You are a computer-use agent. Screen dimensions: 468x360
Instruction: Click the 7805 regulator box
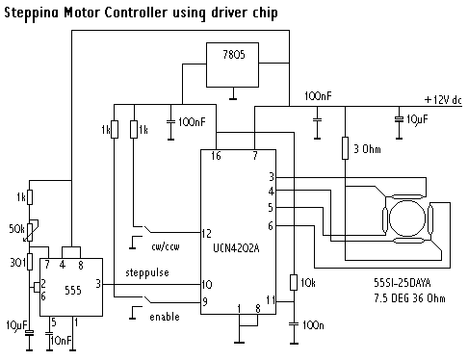(x=232, y=64)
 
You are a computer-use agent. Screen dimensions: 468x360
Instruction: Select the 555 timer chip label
(x=73, y=291)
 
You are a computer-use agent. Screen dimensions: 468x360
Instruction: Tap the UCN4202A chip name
(x=236, y=248)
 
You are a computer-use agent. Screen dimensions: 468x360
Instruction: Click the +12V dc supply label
(x=443, y=100)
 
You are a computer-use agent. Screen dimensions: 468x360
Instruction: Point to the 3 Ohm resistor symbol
(x=345, y=148)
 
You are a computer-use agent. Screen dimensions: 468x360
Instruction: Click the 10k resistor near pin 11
(x=294, y=282)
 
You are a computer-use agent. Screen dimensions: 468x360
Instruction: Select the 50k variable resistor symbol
(x=30, y=230)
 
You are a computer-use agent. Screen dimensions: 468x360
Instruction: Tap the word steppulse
(x=147, y=272)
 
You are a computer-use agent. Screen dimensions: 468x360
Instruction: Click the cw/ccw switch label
(x=166, y=246)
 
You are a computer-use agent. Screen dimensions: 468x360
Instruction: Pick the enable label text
(x=165, y=317)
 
